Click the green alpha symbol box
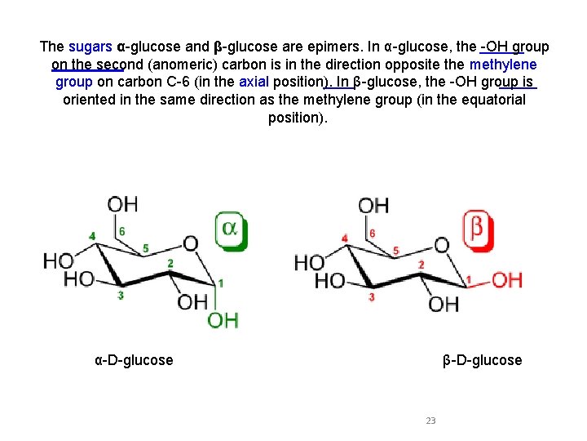pyautogui.click(x=230, y=229)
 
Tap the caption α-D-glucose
pyautogui.click(x=134, y=360)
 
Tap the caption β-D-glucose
pyautogui.click(x=483, y=360)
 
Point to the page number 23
pyautogui.click(x=430, y=421)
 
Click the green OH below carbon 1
pyautogui.click(x=223, y=319)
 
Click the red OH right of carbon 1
pyautogui.click(x=506, y=281)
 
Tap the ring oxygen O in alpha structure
pyautogui.click(x=190, y=243)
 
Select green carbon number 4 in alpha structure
pyautogui.click(x=92, y=236)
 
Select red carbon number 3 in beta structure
pyautogui.click(x=372, y=297)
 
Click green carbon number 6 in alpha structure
pyautogui.click(x=122, y=231)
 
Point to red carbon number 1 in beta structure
pyautogui.click(x=469, y=280)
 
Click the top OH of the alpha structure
pyautogui.click(x=122, y=203)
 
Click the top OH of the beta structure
pyautogui.click(x=373, y=205)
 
